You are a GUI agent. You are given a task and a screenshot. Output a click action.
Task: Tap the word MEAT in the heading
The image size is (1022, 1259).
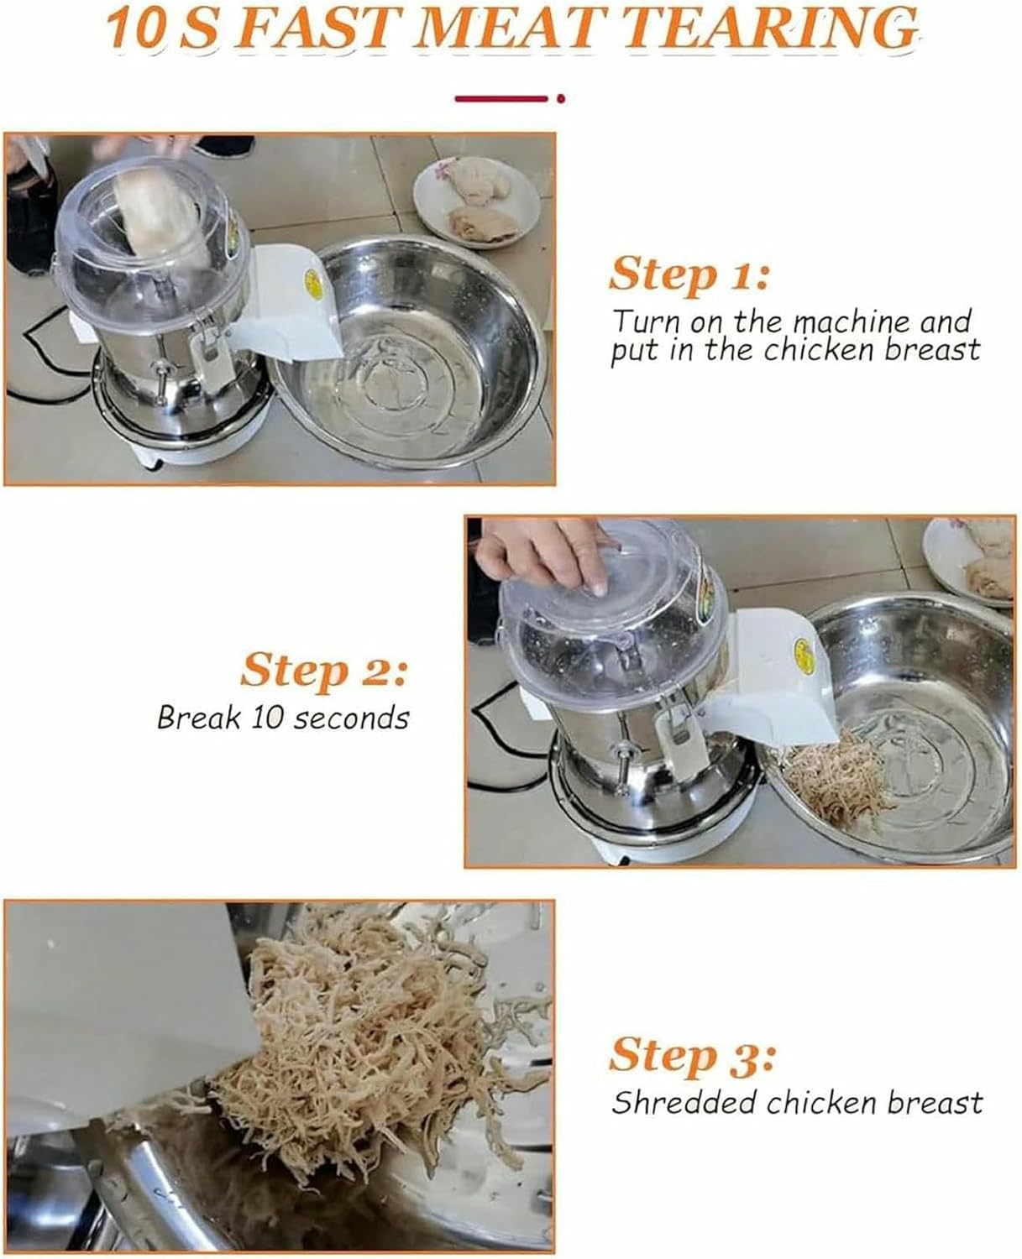522,29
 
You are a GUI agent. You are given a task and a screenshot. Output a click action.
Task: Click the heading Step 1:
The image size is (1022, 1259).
688,275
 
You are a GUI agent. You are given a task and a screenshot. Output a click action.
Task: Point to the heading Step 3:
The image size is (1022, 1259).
691,1056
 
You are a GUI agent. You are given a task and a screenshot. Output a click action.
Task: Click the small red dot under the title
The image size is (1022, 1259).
561,98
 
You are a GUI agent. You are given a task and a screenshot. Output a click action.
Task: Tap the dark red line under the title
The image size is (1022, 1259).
501,98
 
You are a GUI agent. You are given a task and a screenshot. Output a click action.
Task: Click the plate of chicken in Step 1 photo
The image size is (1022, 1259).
476,201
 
